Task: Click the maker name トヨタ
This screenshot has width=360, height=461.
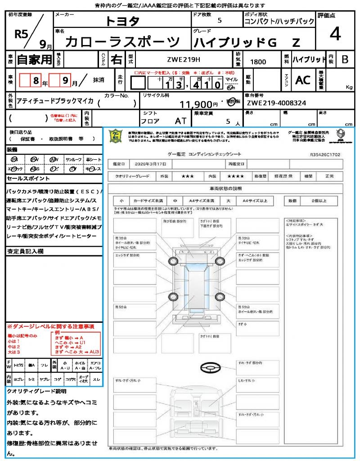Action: (x=122, y=21)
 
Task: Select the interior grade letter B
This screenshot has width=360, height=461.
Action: (x=345, y=59)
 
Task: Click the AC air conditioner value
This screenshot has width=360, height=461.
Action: (x=302, y=80)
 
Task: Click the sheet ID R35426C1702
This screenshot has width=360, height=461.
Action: (x=325, y=154)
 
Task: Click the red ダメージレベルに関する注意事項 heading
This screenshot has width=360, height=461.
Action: (x=50, y=326)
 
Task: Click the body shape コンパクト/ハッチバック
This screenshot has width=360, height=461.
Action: (x=279, y=22)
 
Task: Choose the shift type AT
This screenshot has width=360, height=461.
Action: (x=181, y=121)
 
